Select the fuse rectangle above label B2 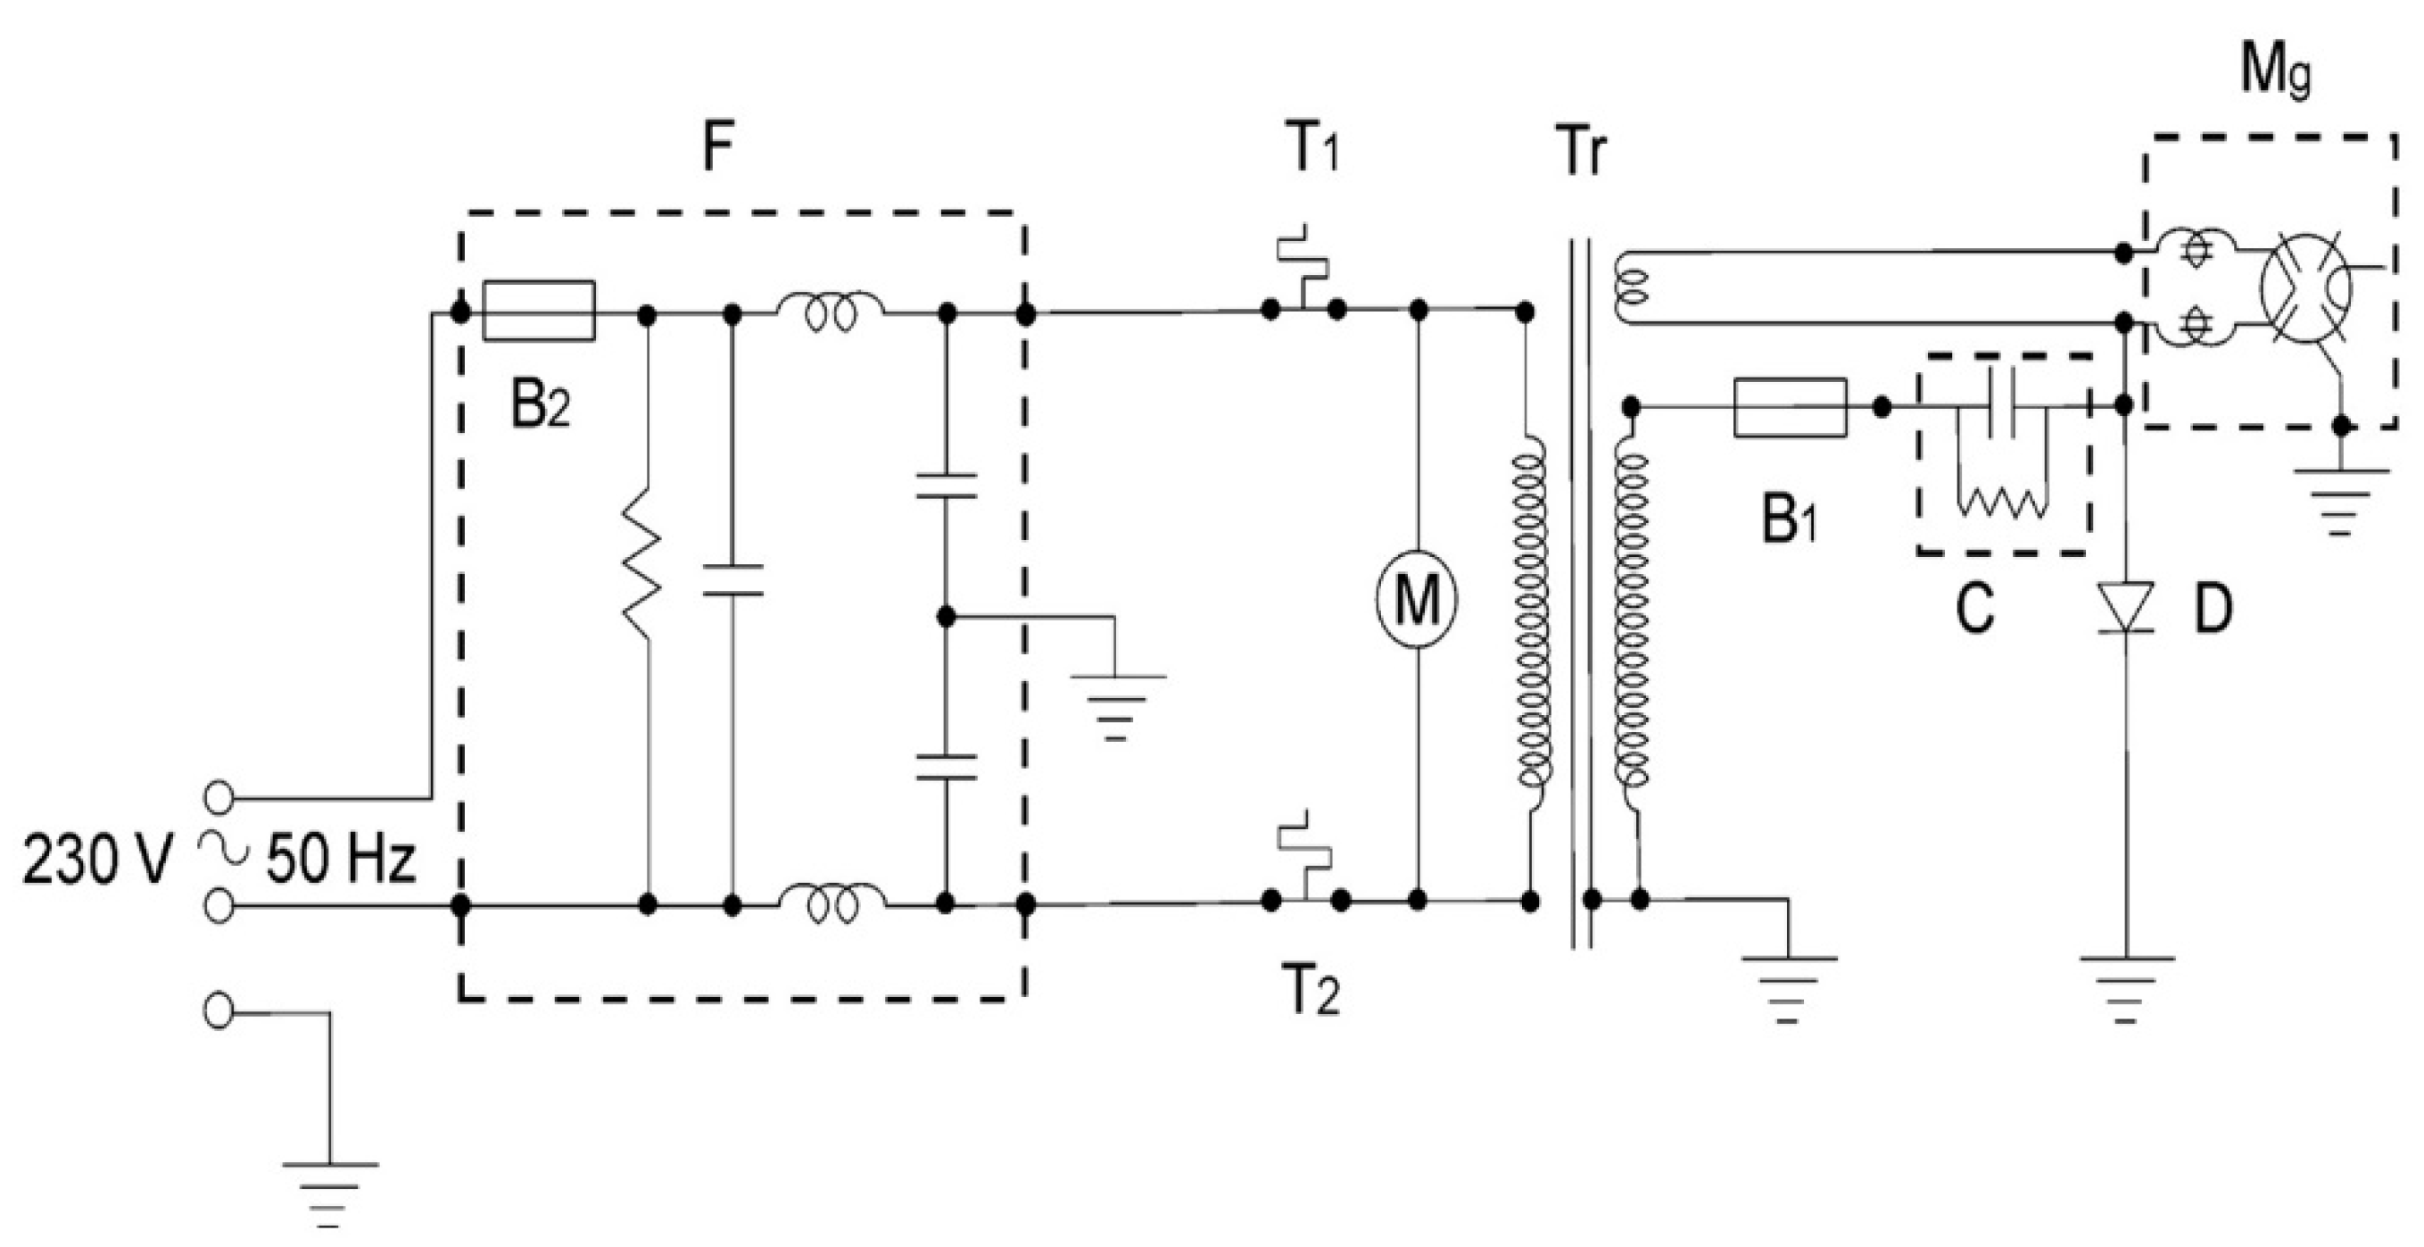coord(538,310)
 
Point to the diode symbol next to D coord(2125,606)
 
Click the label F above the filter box coord(717,148)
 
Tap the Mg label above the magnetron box coord(2274,72)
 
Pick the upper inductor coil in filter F coord(830,310)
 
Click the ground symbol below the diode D coord(2127,988)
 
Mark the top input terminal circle coord(219,797)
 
